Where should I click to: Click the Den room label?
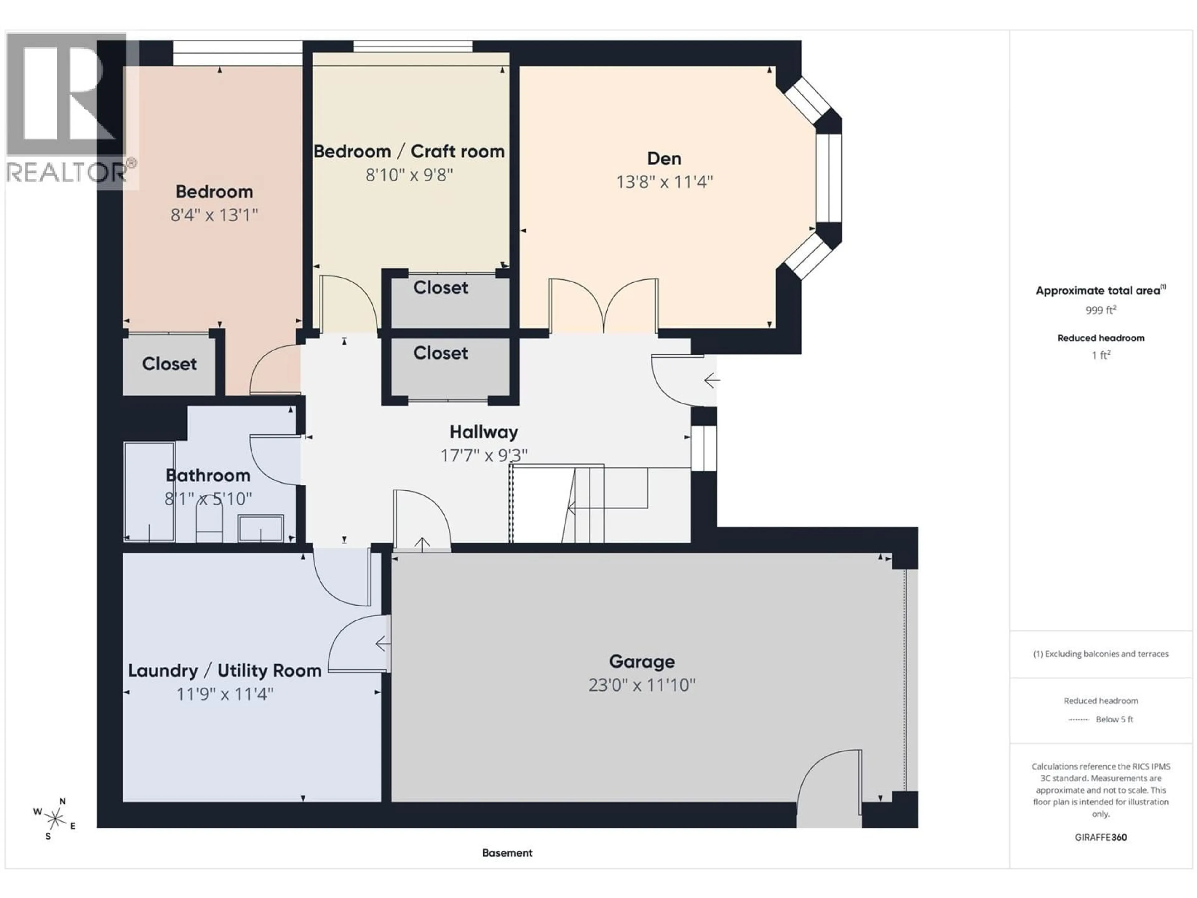[x=664, y=159]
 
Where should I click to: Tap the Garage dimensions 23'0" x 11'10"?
[x=642, y=685]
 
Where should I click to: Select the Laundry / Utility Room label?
[x=224, y=671]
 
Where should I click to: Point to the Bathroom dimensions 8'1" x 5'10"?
[x=208, y=499]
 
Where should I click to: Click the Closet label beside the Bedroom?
[x=169, y=364]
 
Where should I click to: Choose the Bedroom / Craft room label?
[x=409, y=152]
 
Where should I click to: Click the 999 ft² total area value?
[x=1101, y=310]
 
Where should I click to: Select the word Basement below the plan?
[x=507, y=853]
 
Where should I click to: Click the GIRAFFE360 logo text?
[x=1101, y=838]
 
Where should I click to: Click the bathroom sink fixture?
[x=261, y=528]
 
